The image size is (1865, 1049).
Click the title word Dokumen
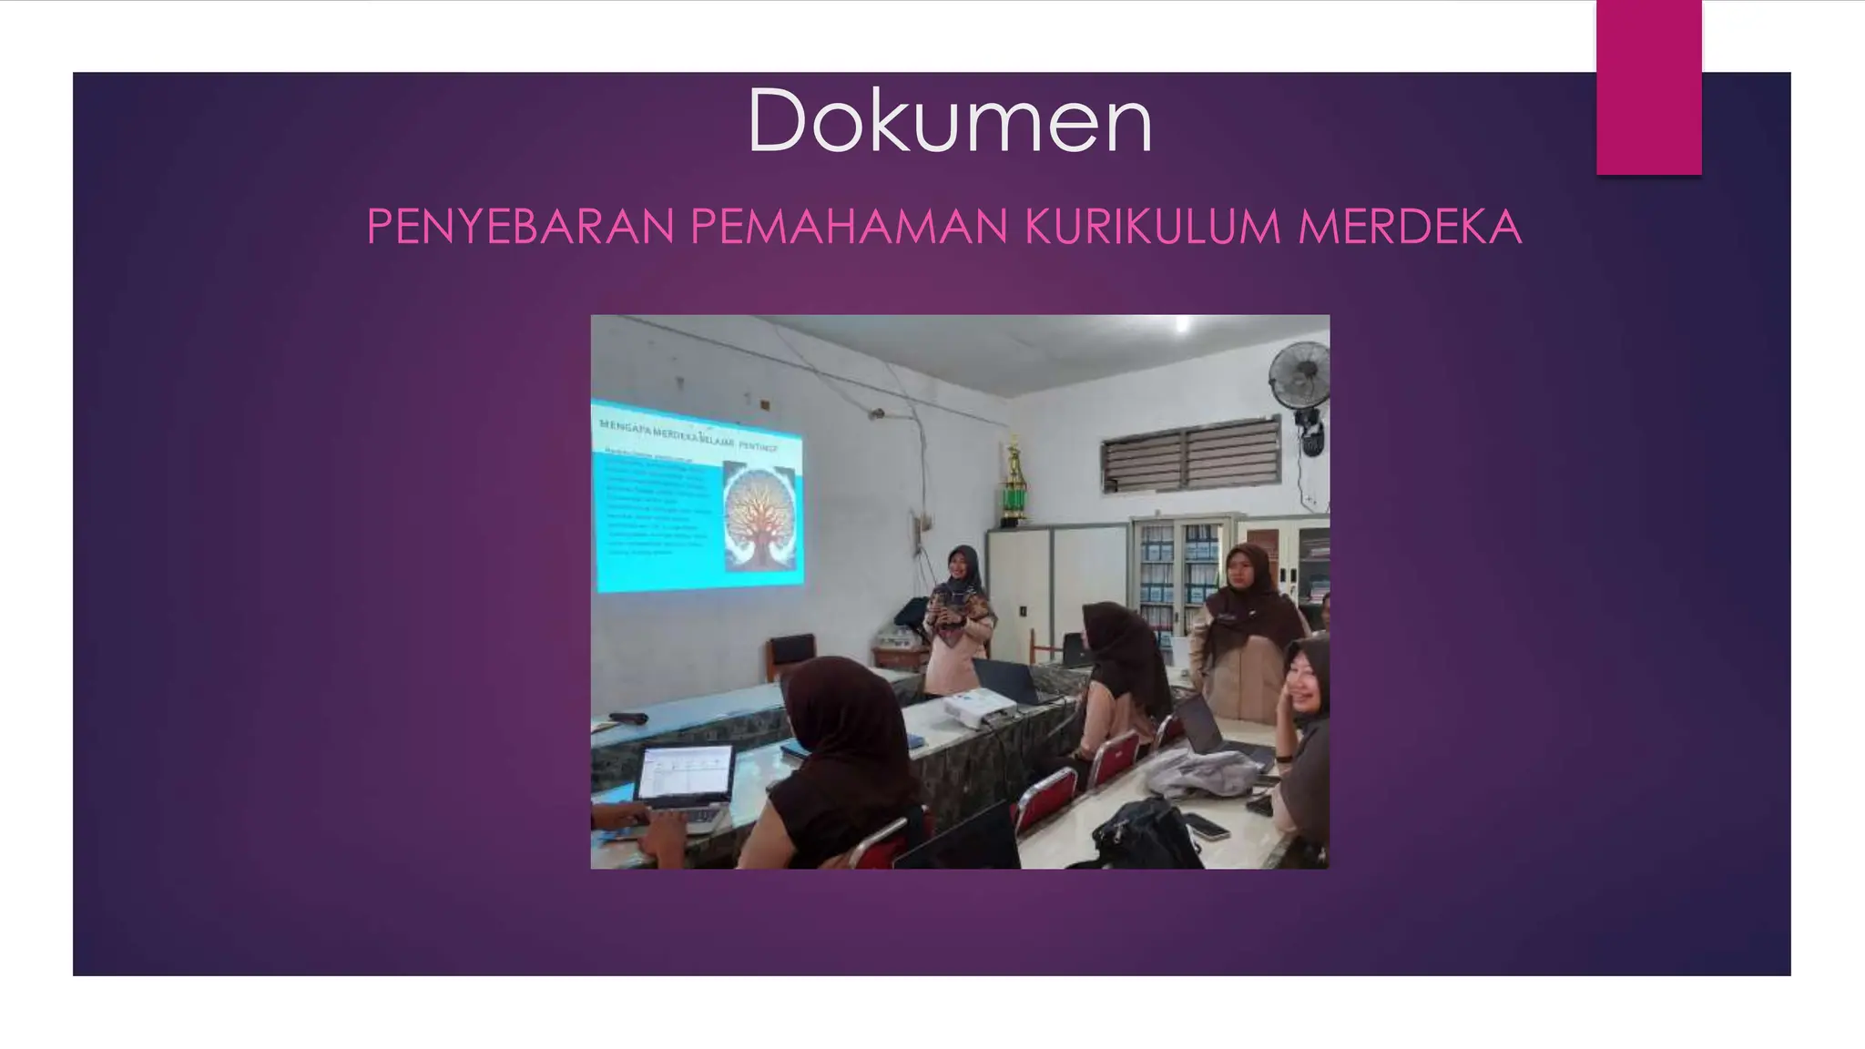point(950,121)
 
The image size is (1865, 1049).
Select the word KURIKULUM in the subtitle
point(1153,227)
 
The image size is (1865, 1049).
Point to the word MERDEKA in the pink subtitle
point(1409,227)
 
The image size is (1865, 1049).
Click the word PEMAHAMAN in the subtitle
point(849,227)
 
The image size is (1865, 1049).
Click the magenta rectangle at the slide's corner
point(1648,87)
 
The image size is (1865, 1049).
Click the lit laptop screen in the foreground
point(686,773)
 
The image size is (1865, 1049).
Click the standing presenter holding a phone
point(958,619)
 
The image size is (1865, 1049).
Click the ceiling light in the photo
point(1181,323)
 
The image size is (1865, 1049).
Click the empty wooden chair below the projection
point(790,654)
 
